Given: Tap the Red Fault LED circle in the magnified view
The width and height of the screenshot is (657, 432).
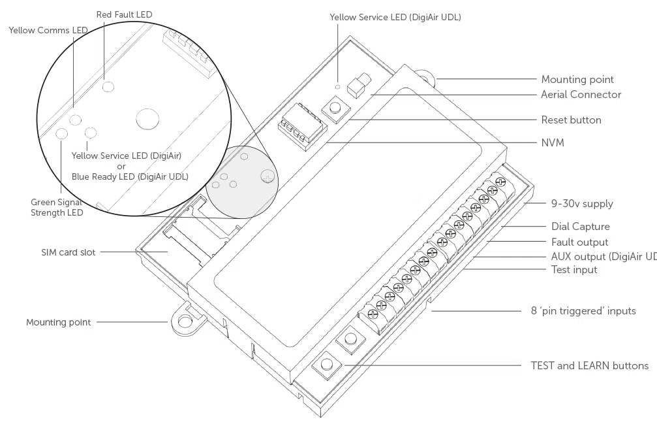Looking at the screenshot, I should click(109, 86).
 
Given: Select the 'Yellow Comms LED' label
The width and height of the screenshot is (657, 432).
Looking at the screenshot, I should click(48, 30).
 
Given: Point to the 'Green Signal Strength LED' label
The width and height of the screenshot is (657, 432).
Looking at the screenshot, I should click(57, 207).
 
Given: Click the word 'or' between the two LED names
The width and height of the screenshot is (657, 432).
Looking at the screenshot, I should click(121, 166).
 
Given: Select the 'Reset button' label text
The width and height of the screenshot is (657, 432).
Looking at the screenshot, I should click(571, 120).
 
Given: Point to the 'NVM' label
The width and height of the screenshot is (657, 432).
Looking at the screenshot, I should click(553, 142).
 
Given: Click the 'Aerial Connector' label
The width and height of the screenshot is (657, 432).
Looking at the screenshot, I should click(581, 95).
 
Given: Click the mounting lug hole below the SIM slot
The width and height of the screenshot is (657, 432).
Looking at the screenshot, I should click(186, 321).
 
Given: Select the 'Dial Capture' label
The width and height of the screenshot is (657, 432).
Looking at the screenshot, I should click(580, 227).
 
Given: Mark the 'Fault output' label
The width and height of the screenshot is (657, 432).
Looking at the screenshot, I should click(579, 242).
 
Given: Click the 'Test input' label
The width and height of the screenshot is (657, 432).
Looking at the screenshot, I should click(574, 269).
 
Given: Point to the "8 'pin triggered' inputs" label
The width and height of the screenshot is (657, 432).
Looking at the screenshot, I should click(582, 311).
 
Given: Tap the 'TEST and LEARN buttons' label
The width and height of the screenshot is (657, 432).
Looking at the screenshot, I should click(589, 366).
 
